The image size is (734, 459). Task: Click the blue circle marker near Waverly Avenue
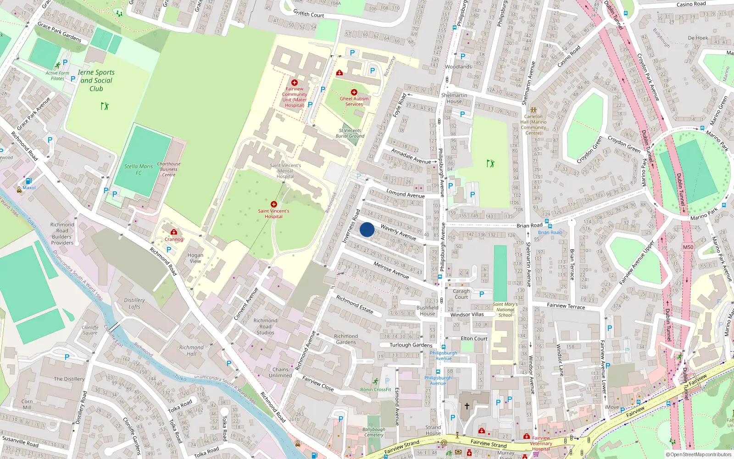coord(367,229)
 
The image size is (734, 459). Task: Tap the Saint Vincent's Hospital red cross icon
coord(274,204)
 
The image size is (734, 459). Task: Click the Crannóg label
coord(174,239)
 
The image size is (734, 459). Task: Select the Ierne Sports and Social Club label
coord(96,80)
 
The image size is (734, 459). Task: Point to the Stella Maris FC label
coord(139,169)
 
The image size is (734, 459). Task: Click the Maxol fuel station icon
coord(29,181)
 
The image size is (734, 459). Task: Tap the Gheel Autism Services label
coord(354,101)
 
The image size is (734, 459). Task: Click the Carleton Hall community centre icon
coord(533,110)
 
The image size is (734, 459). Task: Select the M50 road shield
coord(688,247)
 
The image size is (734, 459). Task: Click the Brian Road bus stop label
coord(550,232)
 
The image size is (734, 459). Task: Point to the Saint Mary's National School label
coord(505,310)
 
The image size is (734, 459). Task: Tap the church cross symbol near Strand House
coord(467,406)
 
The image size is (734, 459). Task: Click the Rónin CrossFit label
coord(376,390)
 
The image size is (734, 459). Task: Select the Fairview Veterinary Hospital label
coord(541,443)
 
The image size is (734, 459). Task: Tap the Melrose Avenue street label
coord(391,270)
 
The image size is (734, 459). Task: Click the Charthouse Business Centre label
coord(169,169)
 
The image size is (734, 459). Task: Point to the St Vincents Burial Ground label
coord(350,133)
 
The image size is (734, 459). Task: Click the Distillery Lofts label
coord(134,303)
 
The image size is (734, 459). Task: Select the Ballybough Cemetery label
coord(374,432)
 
